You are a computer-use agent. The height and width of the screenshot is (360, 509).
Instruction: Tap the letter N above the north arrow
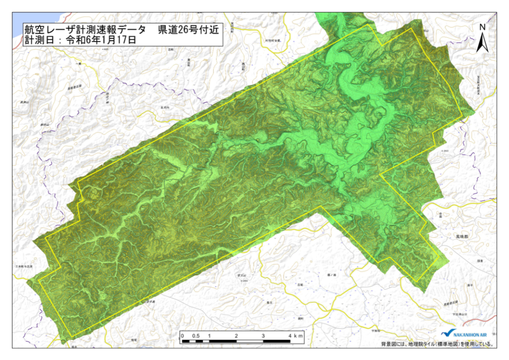pos(482,27)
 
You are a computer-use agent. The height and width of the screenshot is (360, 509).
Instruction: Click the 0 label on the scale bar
pos(183,336)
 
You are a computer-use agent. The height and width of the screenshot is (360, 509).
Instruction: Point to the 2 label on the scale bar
pos(236,336)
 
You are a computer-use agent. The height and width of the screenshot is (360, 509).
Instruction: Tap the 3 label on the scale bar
pos(263,336)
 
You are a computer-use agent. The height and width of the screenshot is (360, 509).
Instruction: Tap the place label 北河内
pos(165,107)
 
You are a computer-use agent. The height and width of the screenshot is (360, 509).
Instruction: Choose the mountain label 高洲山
pos(24,102)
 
